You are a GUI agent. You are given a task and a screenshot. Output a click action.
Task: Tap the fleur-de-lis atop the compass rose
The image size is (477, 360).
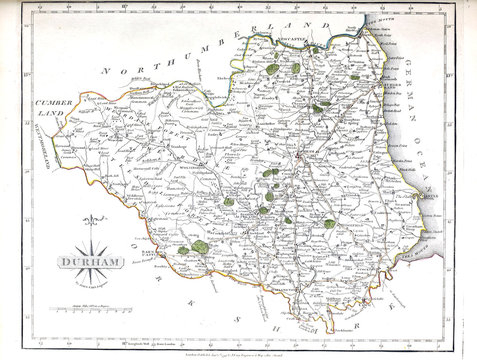click(96, 221)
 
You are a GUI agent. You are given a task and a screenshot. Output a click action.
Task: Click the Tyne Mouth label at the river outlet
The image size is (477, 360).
click(384, 41)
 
